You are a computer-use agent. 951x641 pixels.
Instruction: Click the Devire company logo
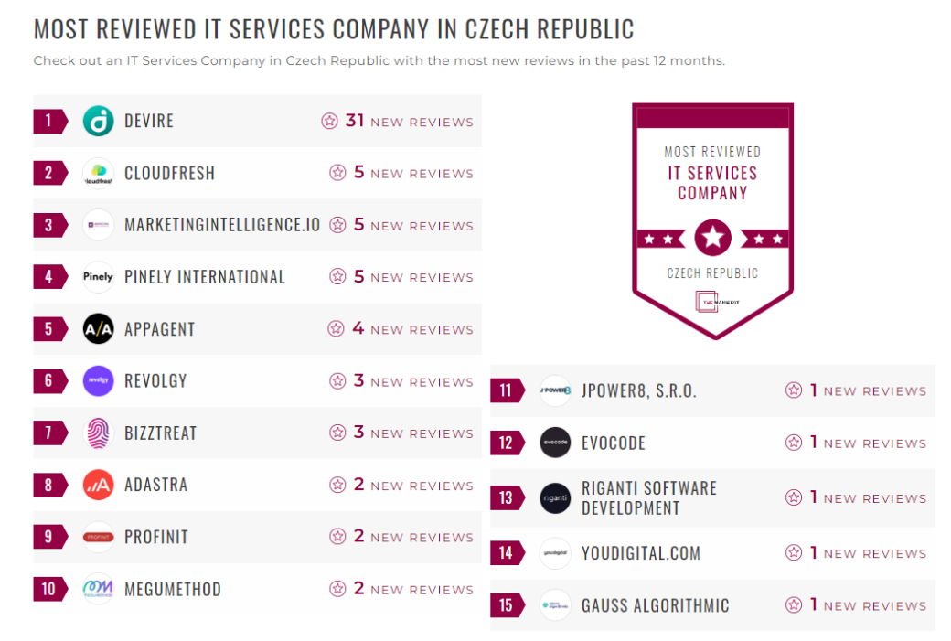point(98,121)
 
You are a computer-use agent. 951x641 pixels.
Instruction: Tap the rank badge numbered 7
point(49,433)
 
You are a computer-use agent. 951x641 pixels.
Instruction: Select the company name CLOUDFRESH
point(169,173)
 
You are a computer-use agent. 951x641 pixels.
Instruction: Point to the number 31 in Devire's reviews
point(355,121)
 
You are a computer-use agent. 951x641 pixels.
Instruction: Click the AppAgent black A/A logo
point(98,329)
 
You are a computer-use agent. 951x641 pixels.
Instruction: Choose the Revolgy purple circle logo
point(98,380)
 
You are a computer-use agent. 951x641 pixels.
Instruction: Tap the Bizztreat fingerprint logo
point(98,433)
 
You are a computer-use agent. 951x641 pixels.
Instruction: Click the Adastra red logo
point(98,485)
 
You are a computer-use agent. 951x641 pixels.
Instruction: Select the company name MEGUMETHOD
point(173,589)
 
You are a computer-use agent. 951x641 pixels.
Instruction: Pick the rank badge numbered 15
point(506,604)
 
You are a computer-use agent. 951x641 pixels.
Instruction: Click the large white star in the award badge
point(712,239)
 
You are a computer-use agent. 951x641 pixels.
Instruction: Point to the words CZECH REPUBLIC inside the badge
point(712,273)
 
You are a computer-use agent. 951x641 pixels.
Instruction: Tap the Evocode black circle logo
point(555,443)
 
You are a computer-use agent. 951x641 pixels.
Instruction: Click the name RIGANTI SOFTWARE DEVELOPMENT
point(648,498)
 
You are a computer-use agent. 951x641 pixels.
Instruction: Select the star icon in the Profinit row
point(337,537)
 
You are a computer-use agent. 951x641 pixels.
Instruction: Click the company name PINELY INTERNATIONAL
point(205,277)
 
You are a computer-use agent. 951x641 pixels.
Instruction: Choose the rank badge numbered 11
point(506,390)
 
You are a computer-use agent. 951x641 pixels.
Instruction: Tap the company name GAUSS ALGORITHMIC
point(656,605)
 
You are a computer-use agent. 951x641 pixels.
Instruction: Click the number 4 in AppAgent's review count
point(358,328)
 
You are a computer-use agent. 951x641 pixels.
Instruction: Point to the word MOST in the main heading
point(61,29)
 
